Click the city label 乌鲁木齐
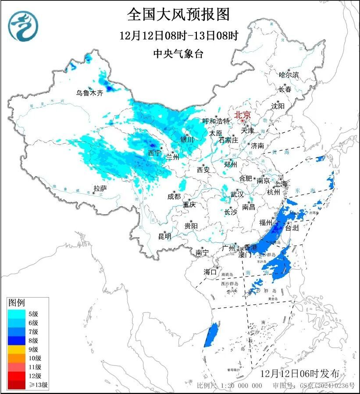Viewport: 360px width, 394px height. [x=89, y=93]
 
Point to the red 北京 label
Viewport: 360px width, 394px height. [x=242, y=115]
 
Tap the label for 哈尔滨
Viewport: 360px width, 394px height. [x=289, y=75]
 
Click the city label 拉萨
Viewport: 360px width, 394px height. [x=100, y=188]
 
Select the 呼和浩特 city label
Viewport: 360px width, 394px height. [x=216, y=121]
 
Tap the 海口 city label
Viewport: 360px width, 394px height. [x=210, y=272]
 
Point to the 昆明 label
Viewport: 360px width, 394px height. [x=164, y=237]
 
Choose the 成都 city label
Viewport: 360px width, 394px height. [x=174, y=196]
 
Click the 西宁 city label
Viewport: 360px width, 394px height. [x=154, y=153]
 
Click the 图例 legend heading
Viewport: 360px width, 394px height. [x=17, y=302]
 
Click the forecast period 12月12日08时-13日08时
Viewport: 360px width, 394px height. [x=179, y=35]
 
